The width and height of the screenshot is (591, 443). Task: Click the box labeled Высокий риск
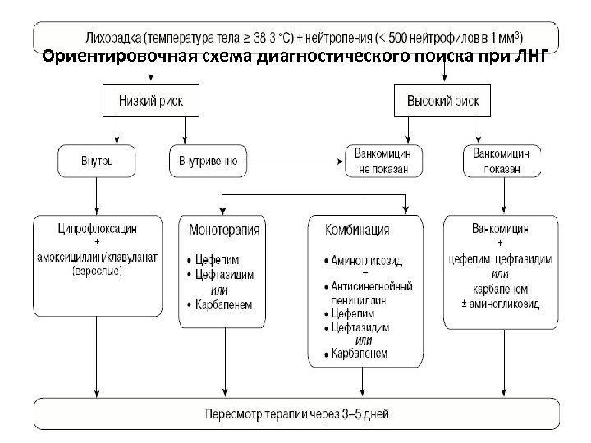(443, 100)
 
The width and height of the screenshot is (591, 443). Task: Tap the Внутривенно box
(208, 162)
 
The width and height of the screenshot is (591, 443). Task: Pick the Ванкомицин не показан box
(388, 161)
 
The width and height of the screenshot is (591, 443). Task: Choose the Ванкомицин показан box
(502, 161)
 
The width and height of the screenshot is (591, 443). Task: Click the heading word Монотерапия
(224, 230)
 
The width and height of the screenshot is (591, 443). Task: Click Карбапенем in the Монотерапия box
(224, 305)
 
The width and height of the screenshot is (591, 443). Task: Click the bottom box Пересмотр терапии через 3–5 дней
(296, 414)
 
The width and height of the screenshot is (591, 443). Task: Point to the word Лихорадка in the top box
(113, 38)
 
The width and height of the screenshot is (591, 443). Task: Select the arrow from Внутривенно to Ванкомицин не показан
(295, 162)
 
